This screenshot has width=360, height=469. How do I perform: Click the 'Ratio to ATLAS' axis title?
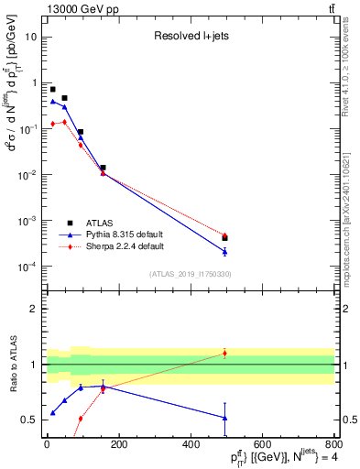(14, 364)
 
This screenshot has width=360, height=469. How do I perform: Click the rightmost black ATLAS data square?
(224, 238)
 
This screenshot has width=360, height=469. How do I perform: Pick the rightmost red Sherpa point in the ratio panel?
(224, 353)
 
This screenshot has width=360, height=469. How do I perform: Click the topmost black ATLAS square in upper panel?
(53, 90)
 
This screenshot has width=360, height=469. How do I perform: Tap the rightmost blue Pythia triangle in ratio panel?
(224, 418)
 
